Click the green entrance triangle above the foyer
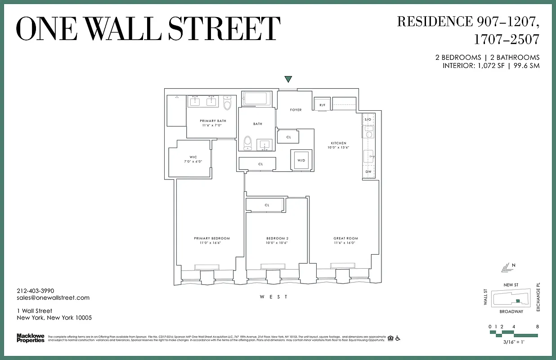click(x=288, y=80)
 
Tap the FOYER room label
click(x=296, y=110)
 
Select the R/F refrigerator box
click(x=322, y=105)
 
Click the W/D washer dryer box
click(x=300, y=160)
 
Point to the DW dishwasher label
click(x=368, y=171)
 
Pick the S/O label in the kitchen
click(x=368, y=119)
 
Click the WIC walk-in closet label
click(x=193, y=157)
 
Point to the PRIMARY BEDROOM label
click(x=212, y=238)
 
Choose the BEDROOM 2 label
click(x=277, y=238)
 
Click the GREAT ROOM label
click(x=345, y=238)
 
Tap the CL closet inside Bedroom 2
click(x=267, y=205)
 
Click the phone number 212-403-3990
click(x=35, y=291)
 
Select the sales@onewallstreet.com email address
click(x=53, y=297)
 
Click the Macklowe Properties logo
click(x=31, y=338)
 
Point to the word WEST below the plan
click(x=274, y=297)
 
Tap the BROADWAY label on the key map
click(x=511, y=311)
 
